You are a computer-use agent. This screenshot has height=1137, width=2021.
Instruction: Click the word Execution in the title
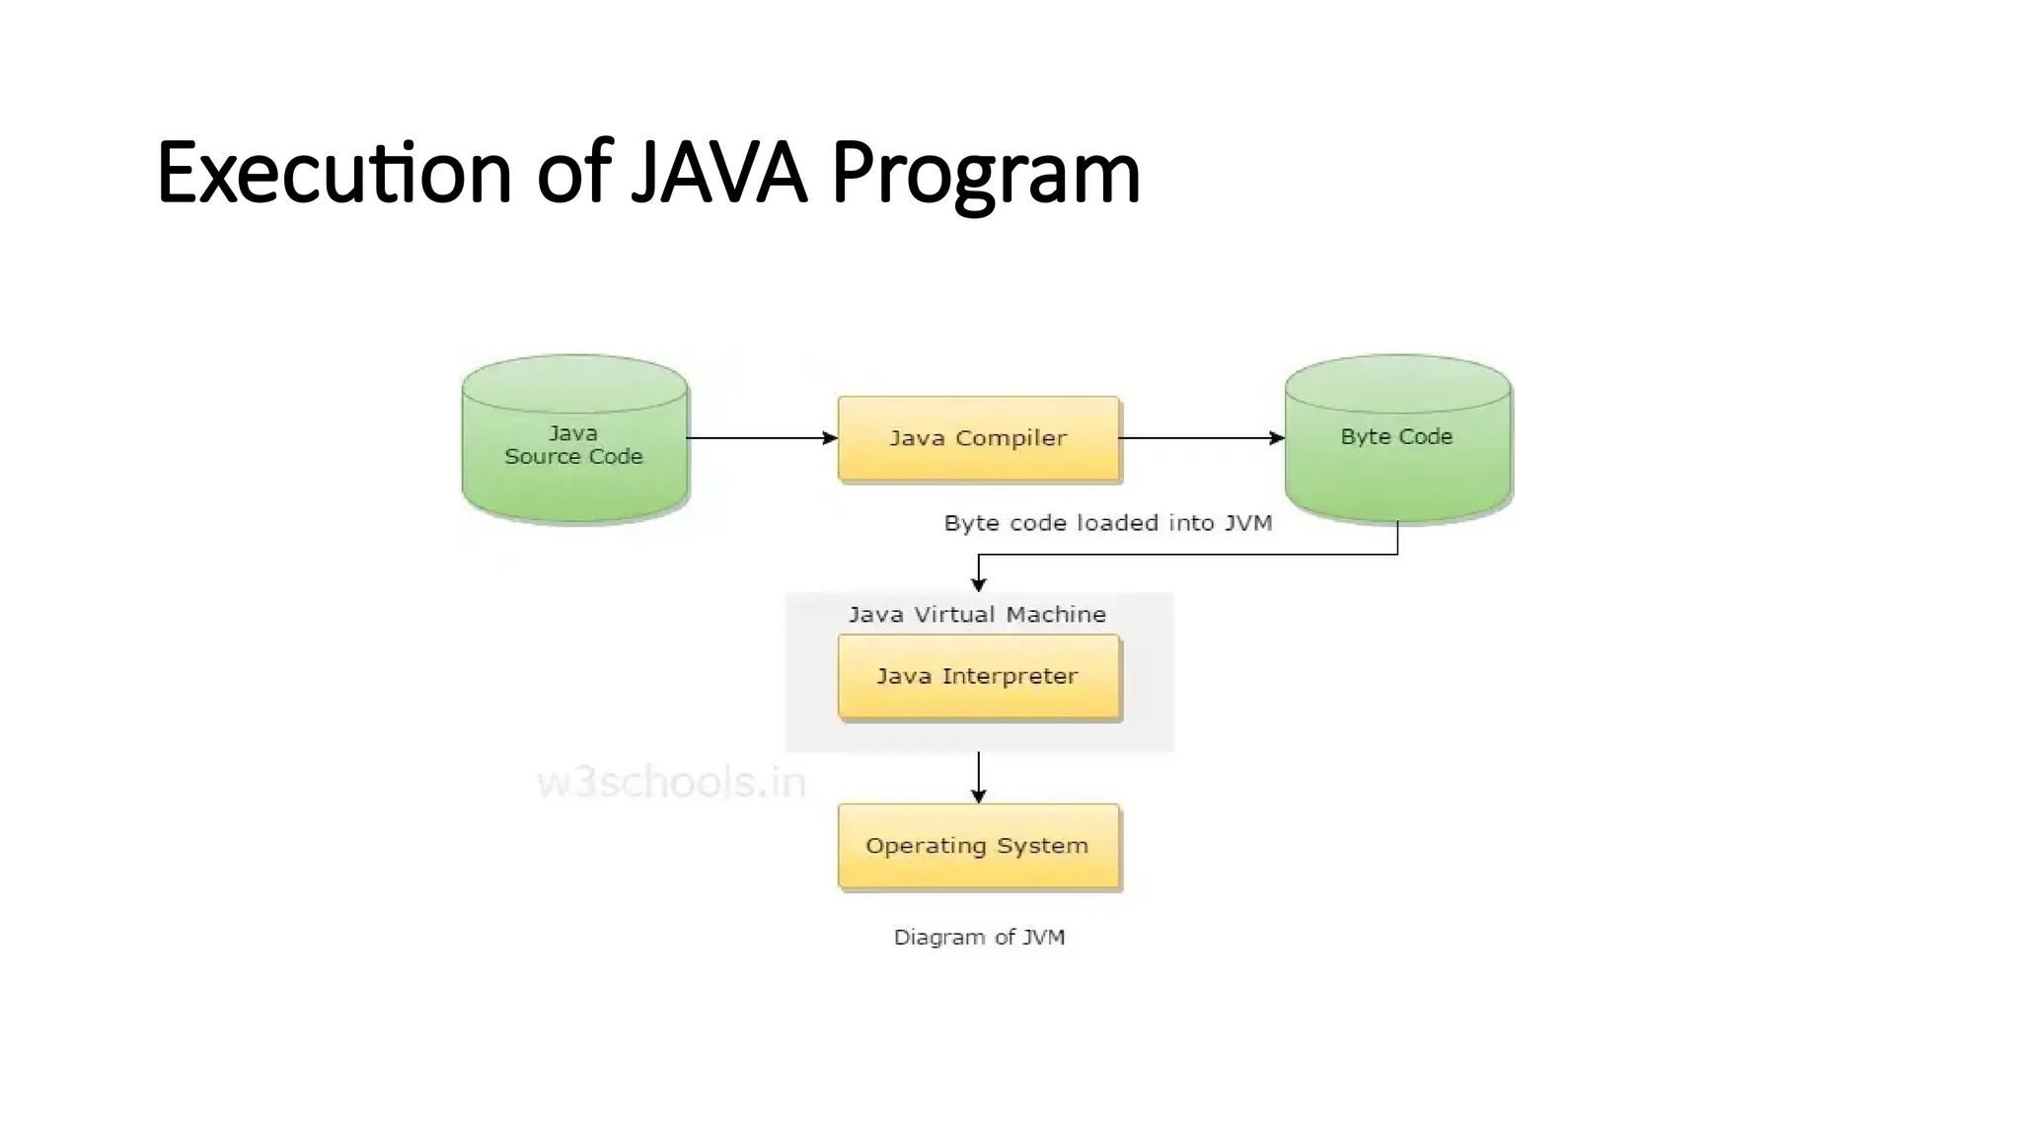point(334,173)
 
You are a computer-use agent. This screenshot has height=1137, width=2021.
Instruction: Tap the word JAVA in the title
point(718,173)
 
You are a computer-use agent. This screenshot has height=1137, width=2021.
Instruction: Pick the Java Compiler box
point(978,438)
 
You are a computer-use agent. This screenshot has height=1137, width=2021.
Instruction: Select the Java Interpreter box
point(978,677)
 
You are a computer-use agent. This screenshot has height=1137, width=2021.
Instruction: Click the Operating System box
point(978,847)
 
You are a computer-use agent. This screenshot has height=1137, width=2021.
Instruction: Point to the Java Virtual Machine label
point(977,614)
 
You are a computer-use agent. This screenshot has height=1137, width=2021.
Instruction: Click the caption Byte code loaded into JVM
point(1107,523)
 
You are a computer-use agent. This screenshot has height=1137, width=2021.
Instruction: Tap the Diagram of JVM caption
point(979,937)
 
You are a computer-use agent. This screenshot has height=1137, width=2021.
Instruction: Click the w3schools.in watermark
point(671,783)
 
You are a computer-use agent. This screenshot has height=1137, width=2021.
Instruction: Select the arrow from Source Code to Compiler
point(760,438)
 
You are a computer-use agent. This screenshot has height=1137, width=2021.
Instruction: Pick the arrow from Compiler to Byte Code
point(1200,438)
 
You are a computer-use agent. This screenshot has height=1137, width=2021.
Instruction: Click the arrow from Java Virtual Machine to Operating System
point(978,777)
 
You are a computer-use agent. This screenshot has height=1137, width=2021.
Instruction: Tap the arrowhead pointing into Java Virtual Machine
point(978,584)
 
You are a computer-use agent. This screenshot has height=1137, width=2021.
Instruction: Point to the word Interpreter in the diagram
point(1009,677)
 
